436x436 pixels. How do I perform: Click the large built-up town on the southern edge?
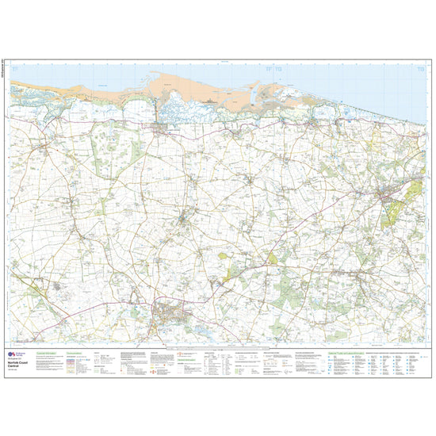point(170,316)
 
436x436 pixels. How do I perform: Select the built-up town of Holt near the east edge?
point(389,194)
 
